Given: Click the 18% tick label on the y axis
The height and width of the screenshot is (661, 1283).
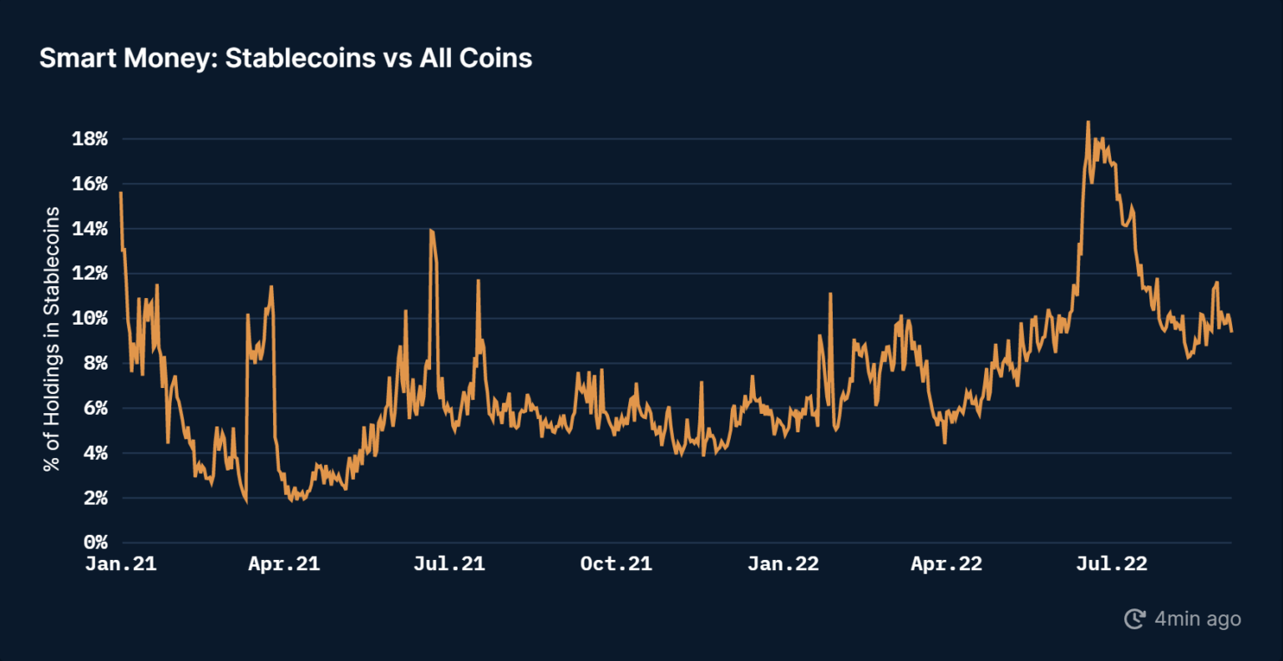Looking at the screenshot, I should coord(90,139).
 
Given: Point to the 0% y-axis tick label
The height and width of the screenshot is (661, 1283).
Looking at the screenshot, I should coord(95,543).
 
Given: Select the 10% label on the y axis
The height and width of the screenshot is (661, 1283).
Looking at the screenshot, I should coord(90,319).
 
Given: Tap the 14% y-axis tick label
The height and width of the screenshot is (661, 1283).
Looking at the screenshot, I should coord(90,230).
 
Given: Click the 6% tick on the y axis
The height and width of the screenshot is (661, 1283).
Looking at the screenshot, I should coord(95,409).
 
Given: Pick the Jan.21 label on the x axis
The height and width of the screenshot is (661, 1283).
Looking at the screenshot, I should coord(121,564).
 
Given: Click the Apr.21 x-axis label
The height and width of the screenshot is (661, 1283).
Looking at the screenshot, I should coord(284,564).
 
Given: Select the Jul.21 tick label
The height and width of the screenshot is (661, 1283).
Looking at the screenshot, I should coord(449,564).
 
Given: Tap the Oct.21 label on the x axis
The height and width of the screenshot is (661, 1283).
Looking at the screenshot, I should coord(616,564).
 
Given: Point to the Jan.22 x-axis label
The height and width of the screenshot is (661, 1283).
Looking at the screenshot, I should coord(783,564).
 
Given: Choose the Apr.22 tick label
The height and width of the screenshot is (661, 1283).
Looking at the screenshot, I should coord(946,564).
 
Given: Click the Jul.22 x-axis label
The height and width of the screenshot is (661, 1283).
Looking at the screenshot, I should coord(1112,564).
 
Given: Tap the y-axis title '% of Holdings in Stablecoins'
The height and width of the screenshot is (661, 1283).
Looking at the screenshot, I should coord(53,339).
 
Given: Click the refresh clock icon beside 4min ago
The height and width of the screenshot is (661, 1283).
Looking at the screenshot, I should coord(1134,619).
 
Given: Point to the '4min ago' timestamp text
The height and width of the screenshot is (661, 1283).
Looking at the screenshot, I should coord(1198,619).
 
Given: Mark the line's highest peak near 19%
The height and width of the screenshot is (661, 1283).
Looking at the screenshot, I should coord(1088,122).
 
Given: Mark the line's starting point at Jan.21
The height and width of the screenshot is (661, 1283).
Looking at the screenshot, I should coord(121,193).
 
